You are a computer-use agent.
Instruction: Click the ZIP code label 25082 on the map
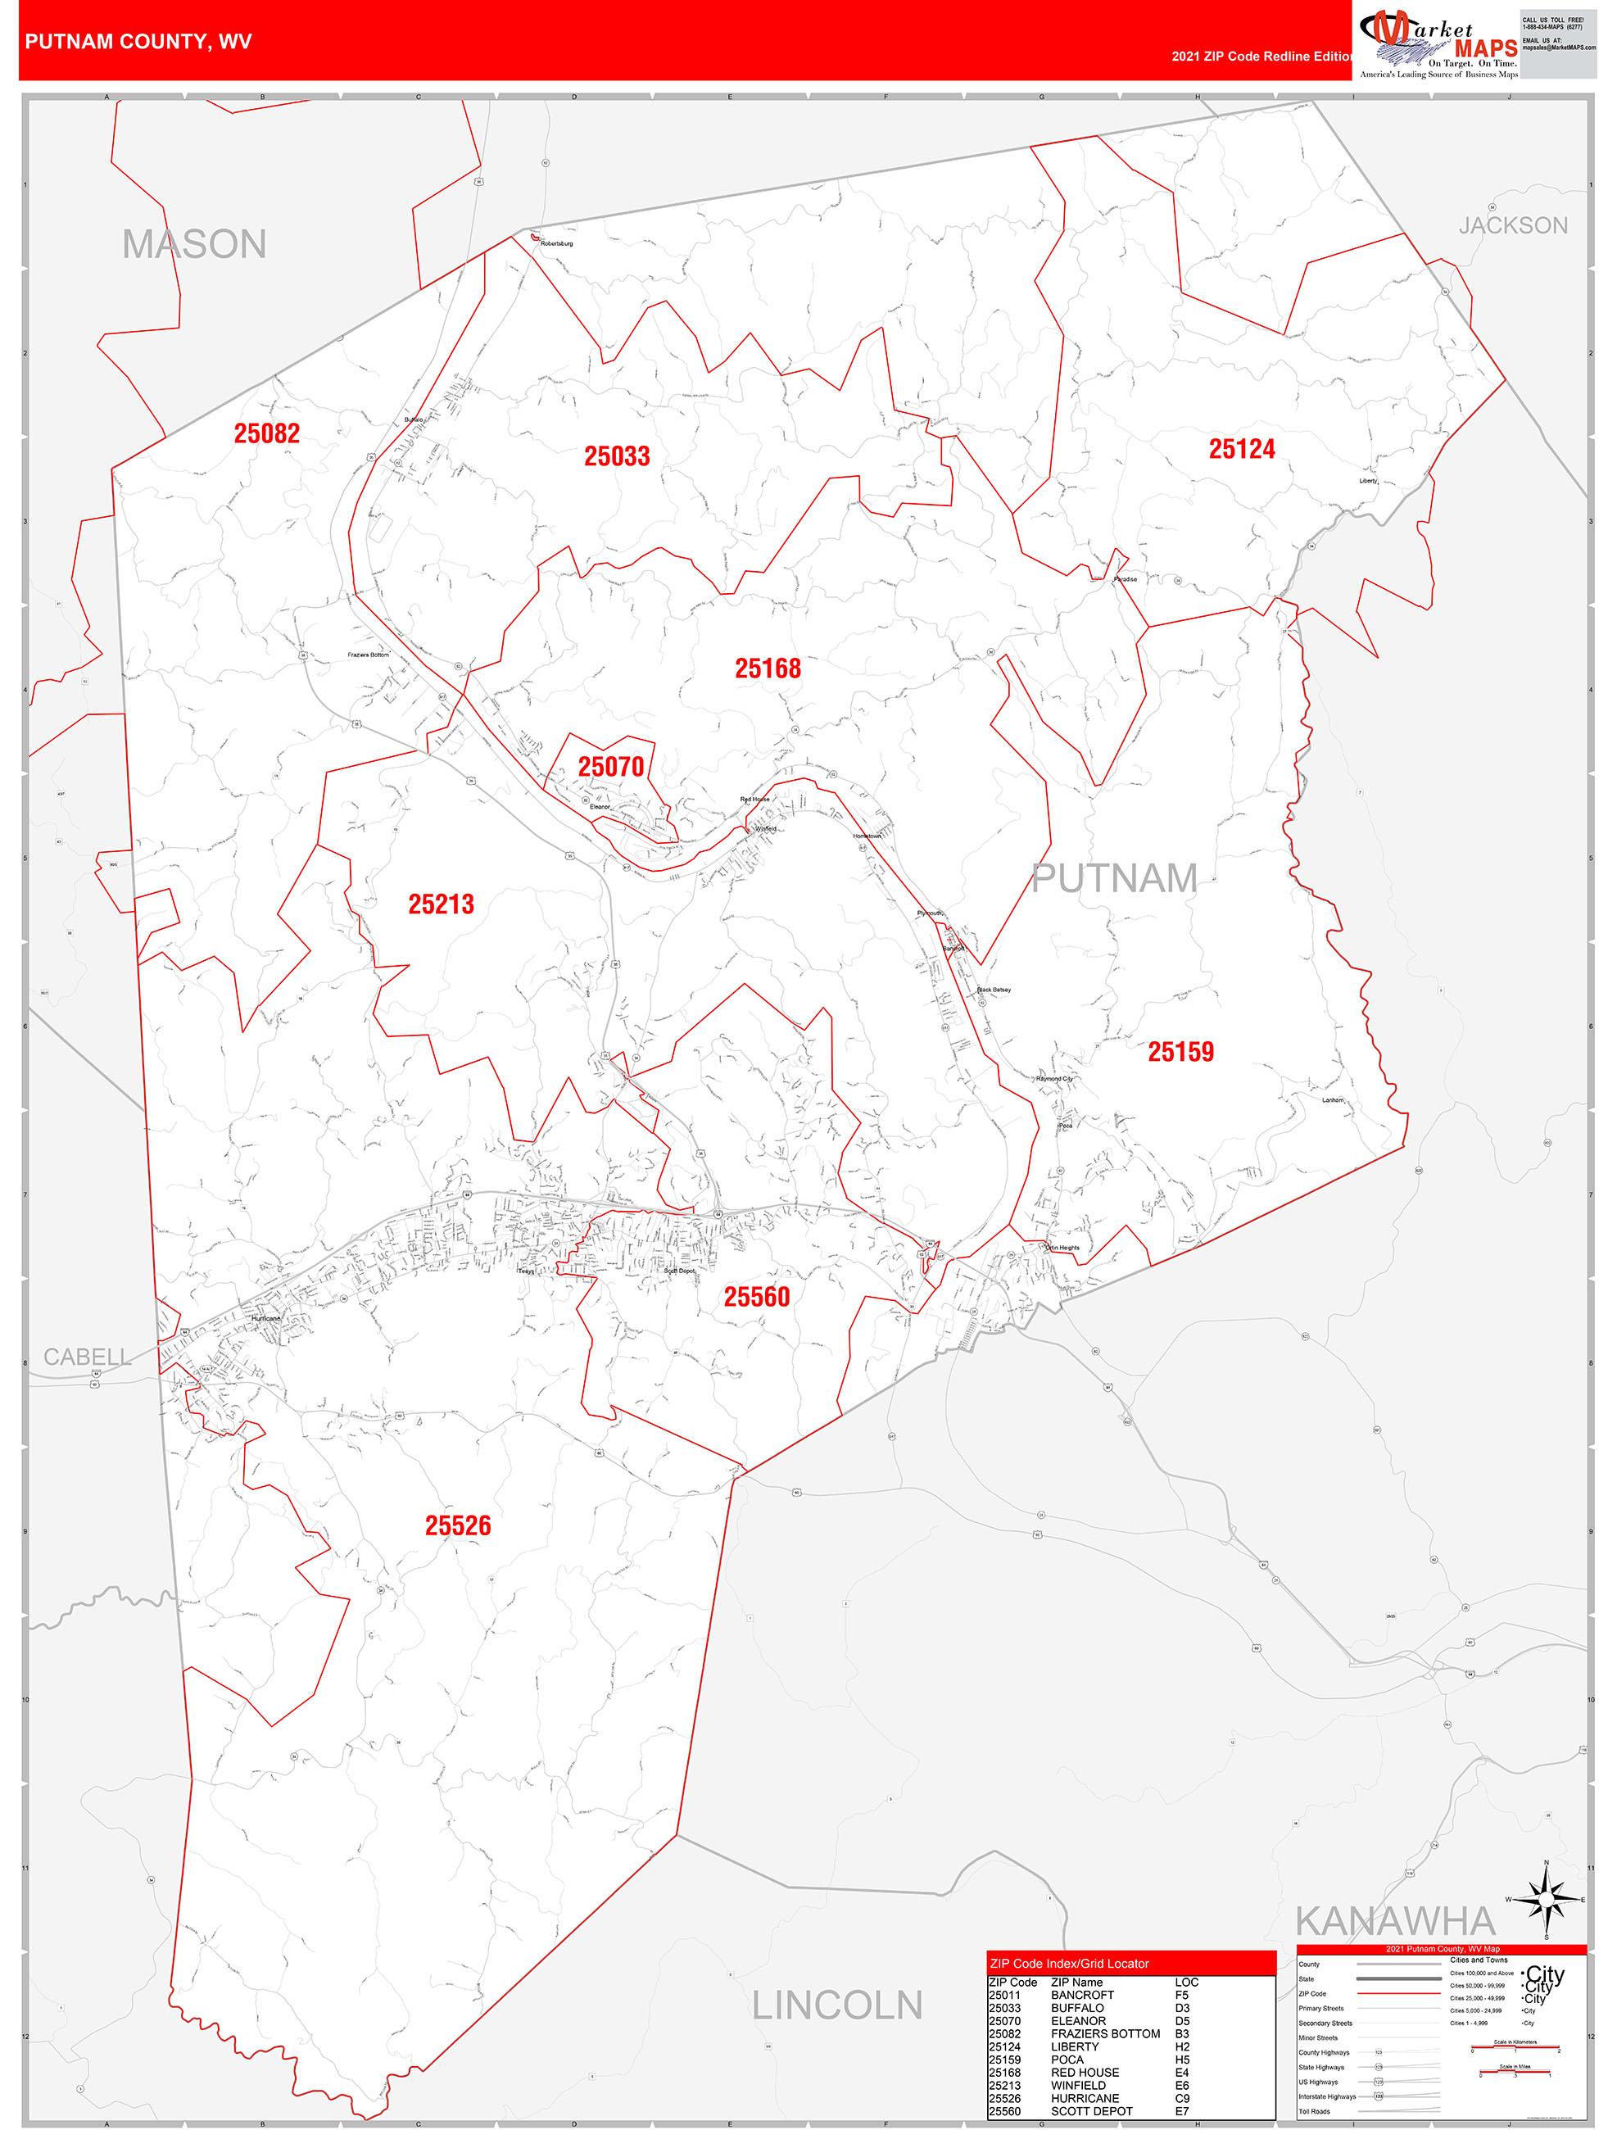(x=267, y=433)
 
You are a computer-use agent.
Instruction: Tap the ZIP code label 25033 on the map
(x=616, y=456)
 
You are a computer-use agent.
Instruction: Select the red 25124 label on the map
(x=1241, y=449)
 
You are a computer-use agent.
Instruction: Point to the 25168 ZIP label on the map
(x=768, y=668)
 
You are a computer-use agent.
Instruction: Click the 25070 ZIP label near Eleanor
(x=610, y=767)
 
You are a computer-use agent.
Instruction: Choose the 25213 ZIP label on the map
(x=441, y=904)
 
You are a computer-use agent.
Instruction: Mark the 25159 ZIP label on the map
(x=1180, y=1052)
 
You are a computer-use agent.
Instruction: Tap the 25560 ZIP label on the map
(x=757, y=1297)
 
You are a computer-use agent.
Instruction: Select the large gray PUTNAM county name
(x=1114, y=878)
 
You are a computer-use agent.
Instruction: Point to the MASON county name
(x=194, y=245)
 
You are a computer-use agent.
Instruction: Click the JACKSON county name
(x=1513, y=225)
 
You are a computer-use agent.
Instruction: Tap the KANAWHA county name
(x=1395, y=1921)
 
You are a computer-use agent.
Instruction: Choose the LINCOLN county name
(x=836, y=2005)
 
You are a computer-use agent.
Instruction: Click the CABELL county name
(x=87, y=1357)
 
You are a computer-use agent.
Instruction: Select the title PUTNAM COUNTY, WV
(x=138, y=42)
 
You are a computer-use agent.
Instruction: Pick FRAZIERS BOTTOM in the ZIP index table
(x=1105, y=2033)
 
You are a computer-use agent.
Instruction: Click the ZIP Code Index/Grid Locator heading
(x=1069, y=1964)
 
